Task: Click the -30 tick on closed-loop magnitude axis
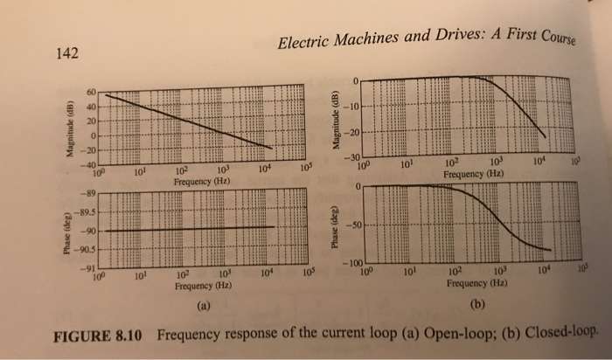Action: point(350,157)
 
